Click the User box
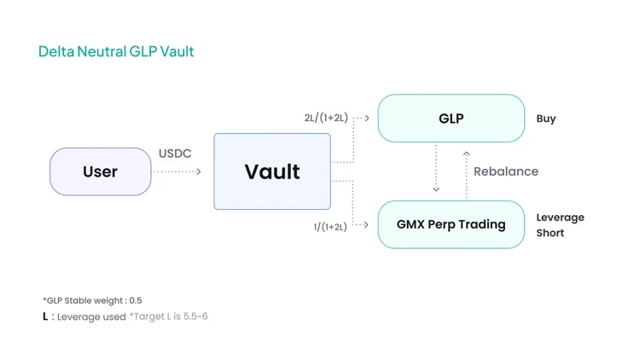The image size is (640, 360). (x=100, y=171)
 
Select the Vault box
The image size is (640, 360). (x=272, y=171)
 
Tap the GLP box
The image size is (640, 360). (x=451, y=119)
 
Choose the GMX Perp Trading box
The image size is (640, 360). (x=451, y=224)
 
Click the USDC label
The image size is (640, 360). (x=175, y=154)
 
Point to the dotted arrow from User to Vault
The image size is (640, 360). (x=177, y=172)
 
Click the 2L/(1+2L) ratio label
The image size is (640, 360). (x=326, y=119)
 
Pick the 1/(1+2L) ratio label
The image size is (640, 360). (x=330, y=226)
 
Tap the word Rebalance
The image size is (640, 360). (x=506, y=171)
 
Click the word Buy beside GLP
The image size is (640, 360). (x=546, y=119)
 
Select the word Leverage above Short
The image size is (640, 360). (x=560, y=218)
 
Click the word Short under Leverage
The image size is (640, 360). (x=550, y=233)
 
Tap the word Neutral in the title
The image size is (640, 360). (x=102, y=51)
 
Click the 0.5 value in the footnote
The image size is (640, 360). (x=135, y=300)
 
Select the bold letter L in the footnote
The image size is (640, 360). (x=45, y=316)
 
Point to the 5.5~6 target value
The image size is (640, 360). (x=195, y=316)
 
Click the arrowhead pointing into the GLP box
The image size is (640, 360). (x=367, y=118)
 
